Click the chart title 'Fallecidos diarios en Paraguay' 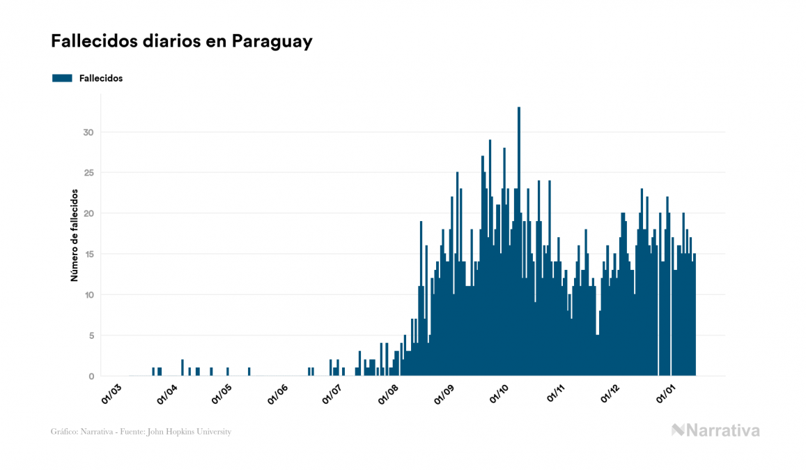(181, 42)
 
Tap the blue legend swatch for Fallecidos (62, 78)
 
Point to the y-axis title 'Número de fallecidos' (74, 235)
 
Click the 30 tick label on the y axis (88, 132)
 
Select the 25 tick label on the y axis (88, 173)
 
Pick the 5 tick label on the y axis (91, 335)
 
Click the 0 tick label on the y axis (91, 377)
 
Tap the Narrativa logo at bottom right (715, 430)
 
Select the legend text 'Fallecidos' (101, 78)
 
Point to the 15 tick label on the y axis (88, 255)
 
